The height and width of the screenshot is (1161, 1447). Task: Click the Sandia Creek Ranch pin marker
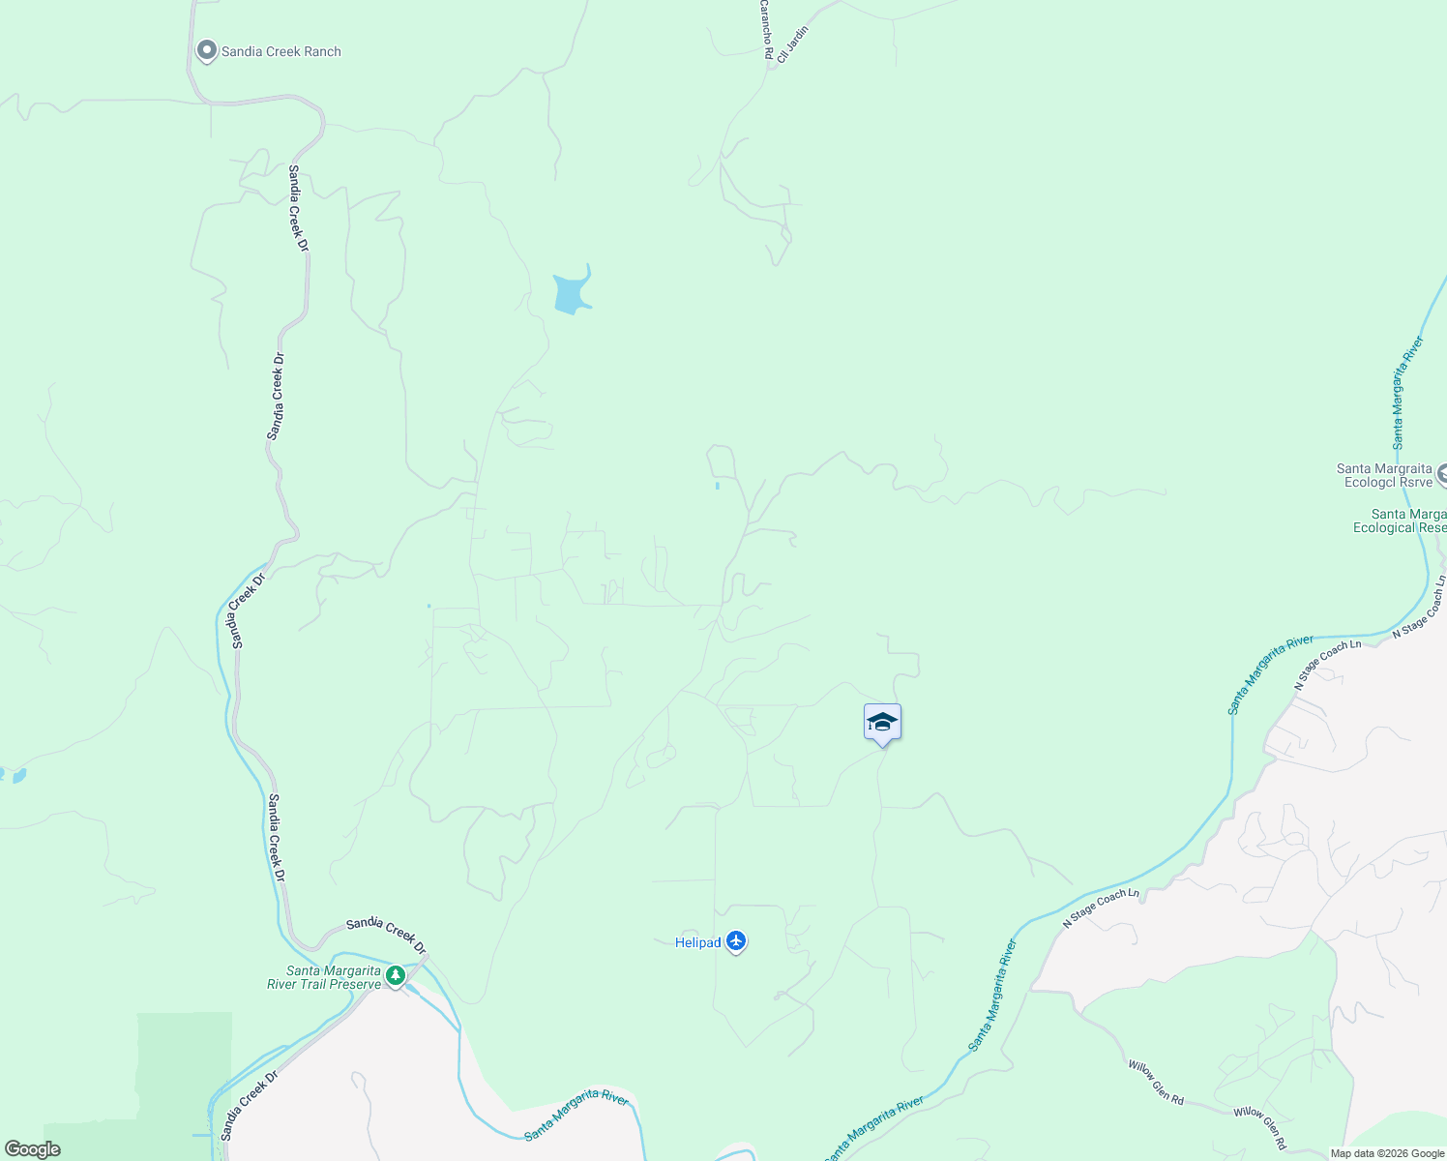point(206,50)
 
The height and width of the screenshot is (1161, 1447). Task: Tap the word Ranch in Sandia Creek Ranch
point(320,52)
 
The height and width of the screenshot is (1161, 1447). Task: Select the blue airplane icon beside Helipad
point(736,940)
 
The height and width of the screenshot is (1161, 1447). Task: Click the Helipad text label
point(697,942)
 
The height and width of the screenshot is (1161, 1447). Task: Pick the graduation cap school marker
point(882,723)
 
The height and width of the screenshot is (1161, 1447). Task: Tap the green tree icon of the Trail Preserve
point(395,975)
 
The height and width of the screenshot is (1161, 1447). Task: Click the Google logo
point(32,1149)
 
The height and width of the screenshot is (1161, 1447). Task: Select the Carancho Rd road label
point(765,30)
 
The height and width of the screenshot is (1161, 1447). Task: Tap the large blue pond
point(571,291)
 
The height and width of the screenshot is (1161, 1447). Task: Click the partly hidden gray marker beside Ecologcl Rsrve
point(1441,474)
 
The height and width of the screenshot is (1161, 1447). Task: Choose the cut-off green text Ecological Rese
point(1399,527)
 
